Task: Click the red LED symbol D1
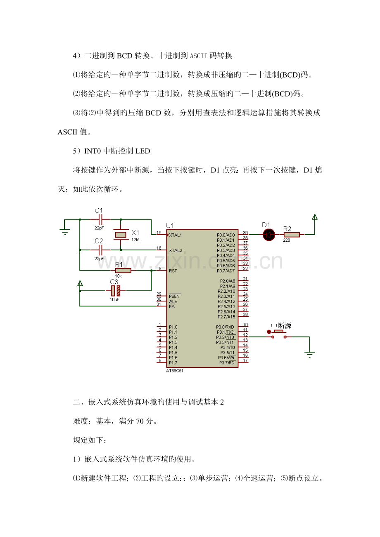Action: (x=269, y=235)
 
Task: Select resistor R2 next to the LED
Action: (x=292, y=235)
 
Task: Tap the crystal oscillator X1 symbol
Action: (x=120, y=235)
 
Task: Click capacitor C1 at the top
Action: (x=99, y=219)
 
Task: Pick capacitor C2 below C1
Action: (x=99, y=250)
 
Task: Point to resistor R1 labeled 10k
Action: (x=123, y=271)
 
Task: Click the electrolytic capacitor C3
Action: (x=115, y=291)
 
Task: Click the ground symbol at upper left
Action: (x=65, y=231)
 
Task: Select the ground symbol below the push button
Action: (x=310, y=353)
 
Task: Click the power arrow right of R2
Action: (x=315, y=218)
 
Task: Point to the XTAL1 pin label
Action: (x=176, y=235)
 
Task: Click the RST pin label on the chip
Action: (x=173, y=271)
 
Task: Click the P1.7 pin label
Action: (x=173, y=363)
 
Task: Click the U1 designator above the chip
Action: (x=170, y=225)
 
